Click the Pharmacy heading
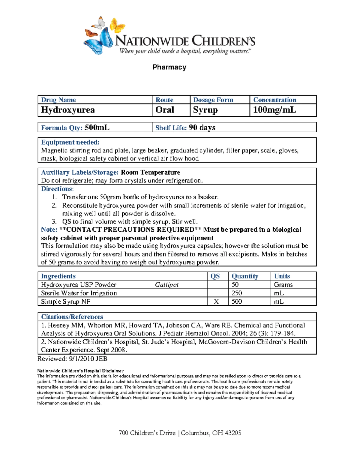169,67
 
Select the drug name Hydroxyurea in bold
68,110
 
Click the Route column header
164,100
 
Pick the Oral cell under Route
165,110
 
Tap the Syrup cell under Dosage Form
205,110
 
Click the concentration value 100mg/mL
274,110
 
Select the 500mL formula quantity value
97,128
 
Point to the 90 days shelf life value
202,128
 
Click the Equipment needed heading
70,142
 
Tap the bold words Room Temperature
150,173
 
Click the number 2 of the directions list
54,206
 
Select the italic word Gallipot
166,285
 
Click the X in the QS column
216,302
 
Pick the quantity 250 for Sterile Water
237,293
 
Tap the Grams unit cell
283,285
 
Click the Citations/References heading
72,317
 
